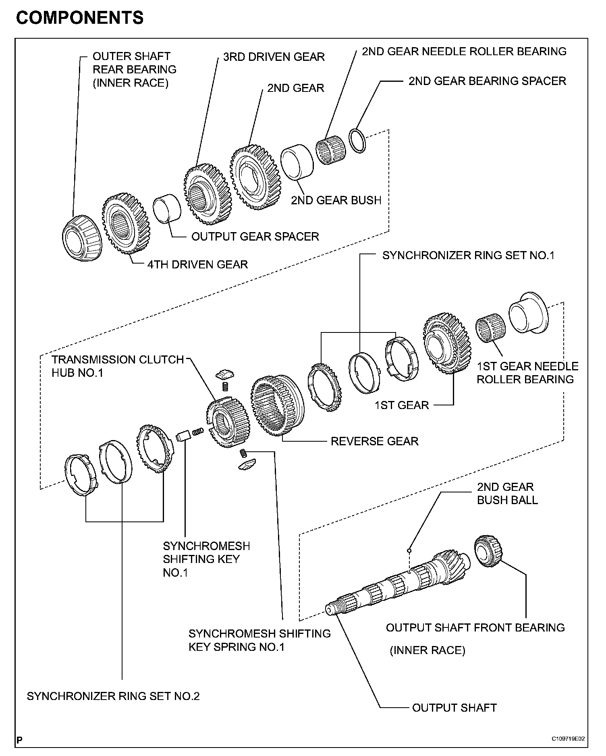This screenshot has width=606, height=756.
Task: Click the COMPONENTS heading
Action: click(x=80, y=18)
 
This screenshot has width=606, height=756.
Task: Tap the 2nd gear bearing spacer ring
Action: click(x=357, y=141)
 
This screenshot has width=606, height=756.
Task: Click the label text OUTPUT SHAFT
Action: click(x=454, y=708)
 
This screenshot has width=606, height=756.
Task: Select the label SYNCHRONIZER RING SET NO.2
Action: click(x=113, y=696)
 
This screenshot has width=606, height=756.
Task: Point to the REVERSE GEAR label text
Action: click(x=374, y=441)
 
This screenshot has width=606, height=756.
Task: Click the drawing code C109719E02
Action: click(x=568, y=739)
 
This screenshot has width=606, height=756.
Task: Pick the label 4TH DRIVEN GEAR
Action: click(x=197, y=264)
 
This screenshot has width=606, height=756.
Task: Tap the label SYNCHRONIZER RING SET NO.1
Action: click(x=468, y=255)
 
